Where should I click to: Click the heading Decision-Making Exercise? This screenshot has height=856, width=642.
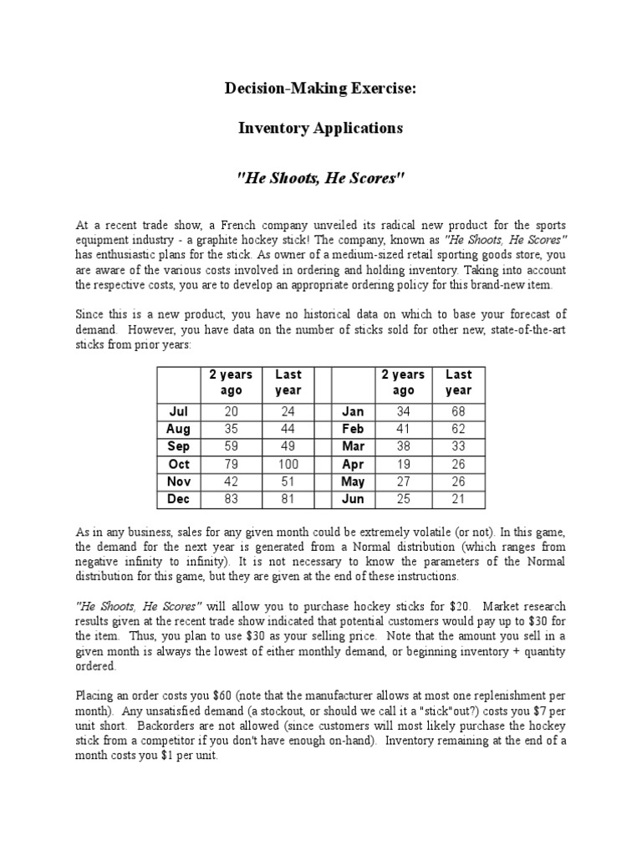[x=320, y=89]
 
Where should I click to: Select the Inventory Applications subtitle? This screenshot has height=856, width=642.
[x=320, y=128]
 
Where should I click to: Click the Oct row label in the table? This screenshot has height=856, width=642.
[x=179, y=464]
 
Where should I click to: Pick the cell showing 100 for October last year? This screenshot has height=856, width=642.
[x=288, y=464]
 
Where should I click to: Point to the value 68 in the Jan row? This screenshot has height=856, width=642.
[x=458, y=411]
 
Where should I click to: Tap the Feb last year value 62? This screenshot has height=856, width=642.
[x=458, y=429]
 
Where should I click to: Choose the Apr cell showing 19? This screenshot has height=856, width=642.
[x=403, y=464]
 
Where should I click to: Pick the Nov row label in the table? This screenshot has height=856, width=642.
[x=179, y=481]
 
